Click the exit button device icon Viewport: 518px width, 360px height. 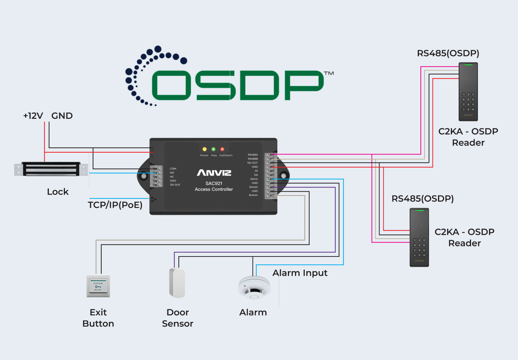click(98, 286)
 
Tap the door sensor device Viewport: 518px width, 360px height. click(177, 283)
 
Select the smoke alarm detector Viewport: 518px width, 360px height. click(254, 288)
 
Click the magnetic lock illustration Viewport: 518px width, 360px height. click(51, 169)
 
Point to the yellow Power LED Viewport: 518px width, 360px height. click(205, 149)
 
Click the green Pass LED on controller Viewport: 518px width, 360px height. click(214, 149)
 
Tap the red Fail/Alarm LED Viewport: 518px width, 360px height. click(222, 149)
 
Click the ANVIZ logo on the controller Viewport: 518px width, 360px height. click(214, 173)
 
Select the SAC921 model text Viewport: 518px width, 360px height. click(214, 183)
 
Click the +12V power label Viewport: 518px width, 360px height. click(33, 116)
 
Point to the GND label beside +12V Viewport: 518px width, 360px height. click(62, 116)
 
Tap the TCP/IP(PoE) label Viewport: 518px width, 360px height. click(115, 205)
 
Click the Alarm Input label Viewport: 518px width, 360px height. click(300, 273)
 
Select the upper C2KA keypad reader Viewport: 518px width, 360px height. click(468, 92)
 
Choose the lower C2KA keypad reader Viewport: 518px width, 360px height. click(419, 237)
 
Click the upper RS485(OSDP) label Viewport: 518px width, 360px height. click(448, 53)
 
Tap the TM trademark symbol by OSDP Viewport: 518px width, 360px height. click(329, 73)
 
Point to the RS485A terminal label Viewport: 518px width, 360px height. click(253, 155)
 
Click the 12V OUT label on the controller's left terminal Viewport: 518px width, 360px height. click(175, 185)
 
